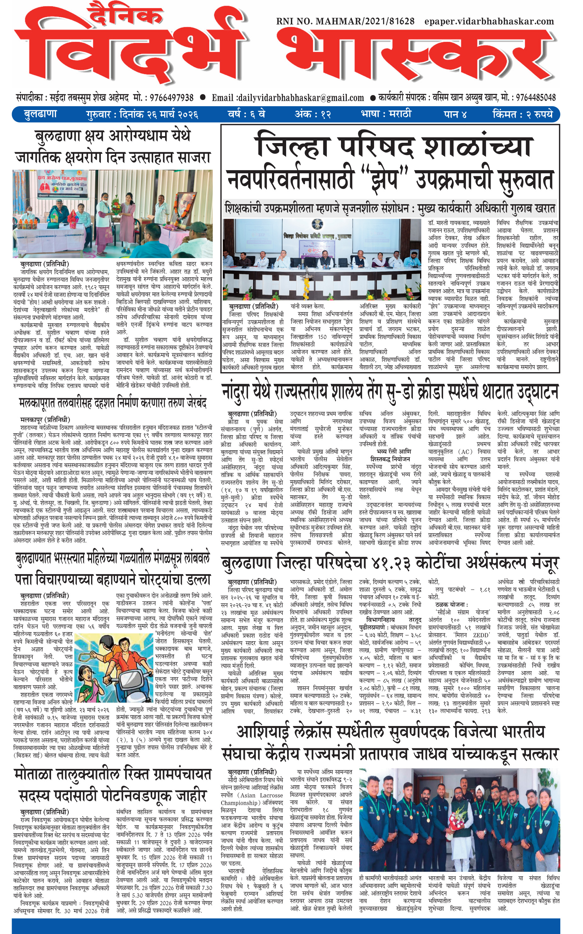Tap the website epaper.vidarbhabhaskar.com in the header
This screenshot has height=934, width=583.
point(489,21)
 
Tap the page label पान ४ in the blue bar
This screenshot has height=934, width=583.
point(455,114)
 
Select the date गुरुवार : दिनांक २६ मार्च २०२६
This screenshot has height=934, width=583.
point(142,114)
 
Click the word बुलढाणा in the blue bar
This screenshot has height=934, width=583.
point(40,114)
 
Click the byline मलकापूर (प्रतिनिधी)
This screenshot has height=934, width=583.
point(45,419)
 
